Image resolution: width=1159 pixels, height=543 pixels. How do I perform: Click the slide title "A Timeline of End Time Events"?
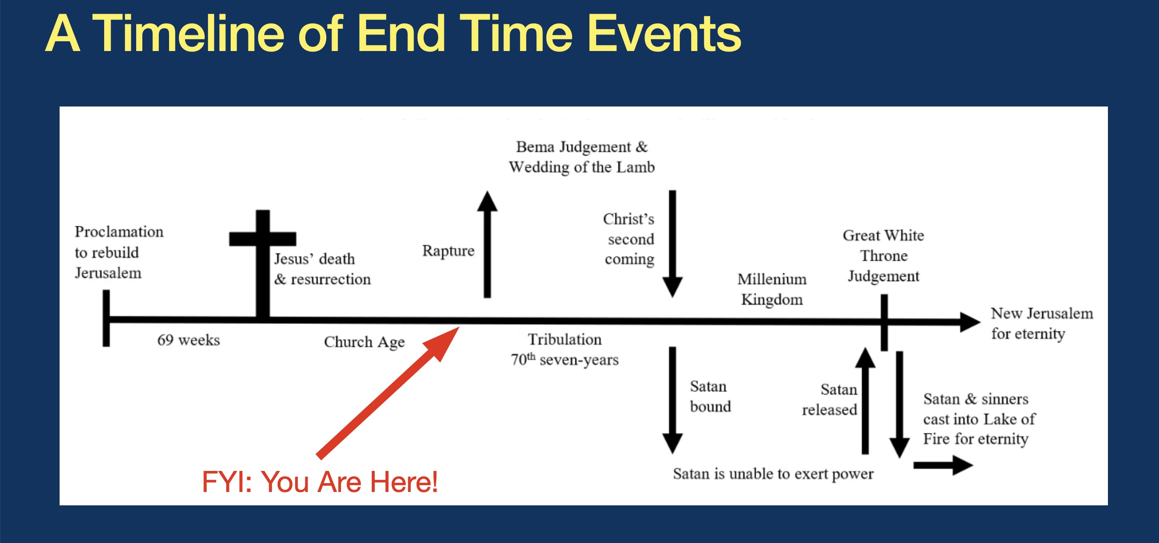(x=393, y=33)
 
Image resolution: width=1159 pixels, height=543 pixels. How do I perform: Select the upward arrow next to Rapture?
(x=487, y=244)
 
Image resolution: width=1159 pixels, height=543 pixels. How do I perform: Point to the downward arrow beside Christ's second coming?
(x=673, y=244)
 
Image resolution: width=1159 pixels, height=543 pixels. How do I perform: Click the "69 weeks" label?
(x=189, y=340)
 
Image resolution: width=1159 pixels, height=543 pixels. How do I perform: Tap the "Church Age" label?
(x=364, y=342)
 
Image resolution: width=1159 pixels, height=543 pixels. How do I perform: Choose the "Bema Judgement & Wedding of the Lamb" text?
(x=582, y=157)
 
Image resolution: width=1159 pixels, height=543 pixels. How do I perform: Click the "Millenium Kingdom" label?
(x=772, y=289)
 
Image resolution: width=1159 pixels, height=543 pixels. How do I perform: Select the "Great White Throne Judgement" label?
(x=884, y=256)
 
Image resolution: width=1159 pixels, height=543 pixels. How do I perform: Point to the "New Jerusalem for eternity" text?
(x=1042, y=323)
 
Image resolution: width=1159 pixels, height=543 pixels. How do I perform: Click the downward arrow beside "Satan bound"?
(x=673, y=400)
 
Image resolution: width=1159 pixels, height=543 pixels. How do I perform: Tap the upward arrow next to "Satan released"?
(x=865, y=400)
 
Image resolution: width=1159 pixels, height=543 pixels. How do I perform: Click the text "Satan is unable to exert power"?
(x=773, y=474)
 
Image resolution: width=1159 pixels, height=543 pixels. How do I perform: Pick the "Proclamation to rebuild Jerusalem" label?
(x=119, y=252)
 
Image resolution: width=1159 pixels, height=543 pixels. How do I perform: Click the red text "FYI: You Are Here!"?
(x=320, y=481)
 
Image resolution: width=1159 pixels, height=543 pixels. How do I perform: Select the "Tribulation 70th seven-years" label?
(x=565, y=349)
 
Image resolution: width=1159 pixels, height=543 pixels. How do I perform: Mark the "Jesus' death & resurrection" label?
(x=323, y=269)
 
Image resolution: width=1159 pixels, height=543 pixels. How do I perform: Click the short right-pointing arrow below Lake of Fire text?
(x=943, y=465)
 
